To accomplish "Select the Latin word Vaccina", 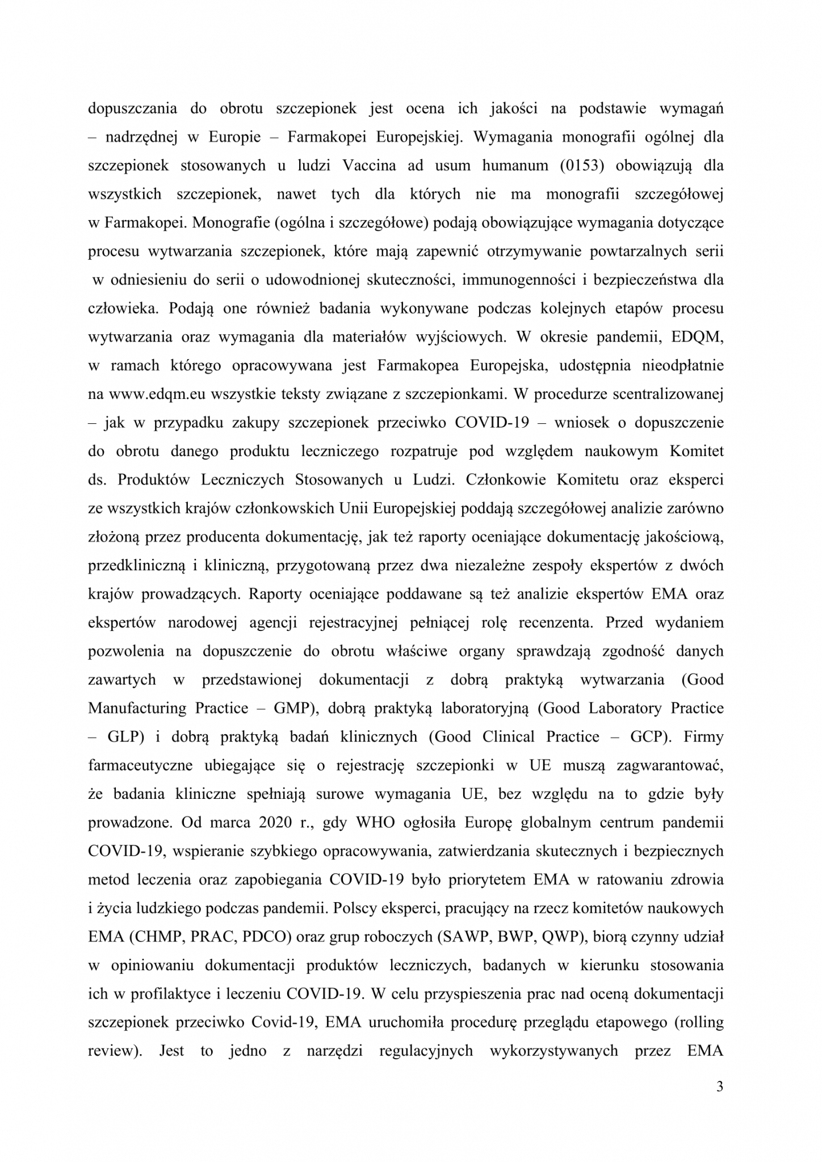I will (370, 166).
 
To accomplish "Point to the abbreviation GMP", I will (293, 708).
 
